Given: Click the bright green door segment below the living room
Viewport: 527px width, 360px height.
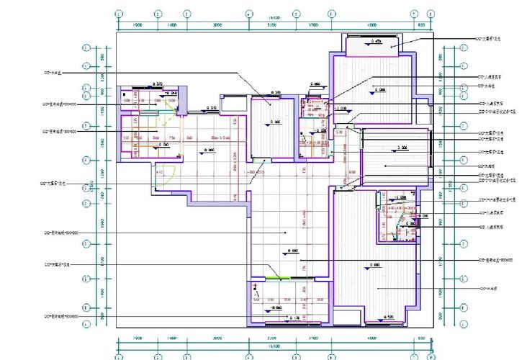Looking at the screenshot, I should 277,277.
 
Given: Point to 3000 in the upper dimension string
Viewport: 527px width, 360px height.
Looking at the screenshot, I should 217,25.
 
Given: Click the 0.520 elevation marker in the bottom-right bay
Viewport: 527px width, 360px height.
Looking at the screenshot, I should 389,317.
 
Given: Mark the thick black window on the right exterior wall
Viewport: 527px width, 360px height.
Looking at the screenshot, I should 432,153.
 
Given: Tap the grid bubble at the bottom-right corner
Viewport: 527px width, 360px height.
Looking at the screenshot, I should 431,356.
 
